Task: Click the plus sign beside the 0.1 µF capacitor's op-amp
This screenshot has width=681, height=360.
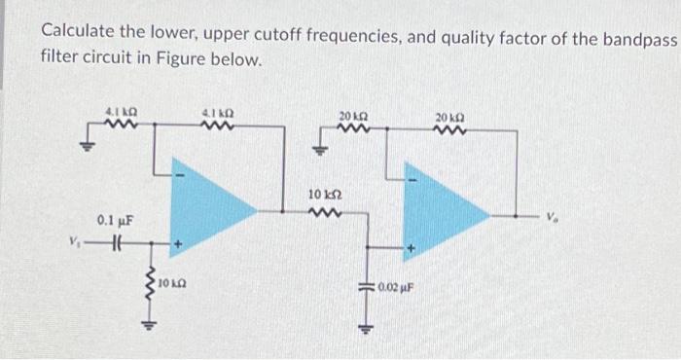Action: point(178,243)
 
